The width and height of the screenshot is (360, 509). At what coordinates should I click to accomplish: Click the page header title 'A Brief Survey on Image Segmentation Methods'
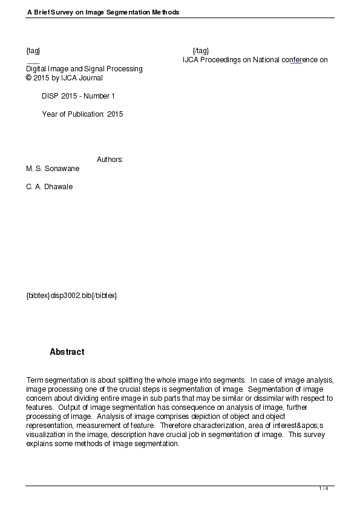[x=103, y=12]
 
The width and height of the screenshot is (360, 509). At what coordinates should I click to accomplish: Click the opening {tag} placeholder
[x=33, y=50]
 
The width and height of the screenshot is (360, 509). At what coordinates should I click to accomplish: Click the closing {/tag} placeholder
[x=200, y=50]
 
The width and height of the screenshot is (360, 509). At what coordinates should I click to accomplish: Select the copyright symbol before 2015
[x=28, y=78]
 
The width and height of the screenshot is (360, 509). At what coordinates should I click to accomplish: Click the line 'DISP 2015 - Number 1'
[x=78, y=96]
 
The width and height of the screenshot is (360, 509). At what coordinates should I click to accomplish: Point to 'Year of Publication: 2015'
[x=82, y=114]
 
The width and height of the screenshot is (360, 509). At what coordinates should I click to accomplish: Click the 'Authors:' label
[x=110, y=160]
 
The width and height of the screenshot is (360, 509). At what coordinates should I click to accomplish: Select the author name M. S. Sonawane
[x=53, y=169]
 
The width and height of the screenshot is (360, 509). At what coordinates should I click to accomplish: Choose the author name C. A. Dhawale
[x=49, y=187]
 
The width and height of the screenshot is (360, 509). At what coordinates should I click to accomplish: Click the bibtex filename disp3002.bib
[x=71, y=296]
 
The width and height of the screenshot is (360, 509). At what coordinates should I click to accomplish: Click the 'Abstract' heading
[x=67, y=352]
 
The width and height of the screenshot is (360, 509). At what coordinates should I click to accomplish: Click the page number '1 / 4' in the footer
[x=324, y=488]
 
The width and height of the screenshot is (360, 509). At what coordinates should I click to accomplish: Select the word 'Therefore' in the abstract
[x=176, y=426]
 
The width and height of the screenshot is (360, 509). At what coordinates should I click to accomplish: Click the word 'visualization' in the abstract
[x=46, y=435]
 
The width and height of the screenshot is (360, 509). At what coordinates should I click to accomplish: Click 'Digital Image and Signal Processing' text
[x=84, y=69]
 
